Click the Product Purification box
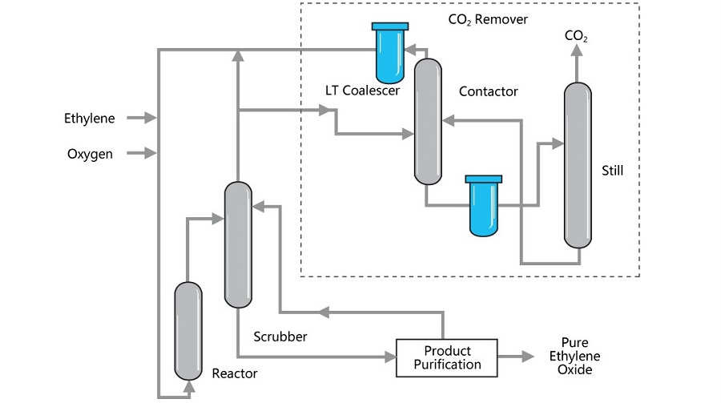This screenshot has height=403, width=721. (446, 358)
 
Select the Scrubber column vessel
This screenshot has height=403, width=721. (237, 244)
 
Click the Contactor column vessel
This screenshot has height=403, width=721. (428, 120)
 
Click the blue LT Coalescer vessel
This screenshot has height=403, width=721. (390, 53)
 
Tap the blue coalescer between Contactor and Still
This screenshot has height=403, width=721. (483, 205)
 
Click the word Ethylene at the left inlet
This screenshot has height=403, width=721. (90, 119)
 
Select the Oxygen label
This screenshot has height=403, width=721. (90, 154)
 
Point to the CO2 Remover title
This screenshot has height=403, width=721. (488, 19)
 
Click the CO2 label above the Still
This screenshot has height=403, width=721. (576, 36)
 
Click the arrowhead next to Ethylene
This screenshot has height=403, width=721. (150, 119)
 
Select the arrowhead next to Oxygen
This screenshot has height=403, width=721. (150, 153)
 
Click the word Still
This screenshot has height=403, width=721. (612, 170)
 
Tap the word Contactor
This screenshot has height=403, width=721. (488, 91)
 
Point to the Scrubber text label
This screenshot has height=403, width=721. (280, 337)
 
